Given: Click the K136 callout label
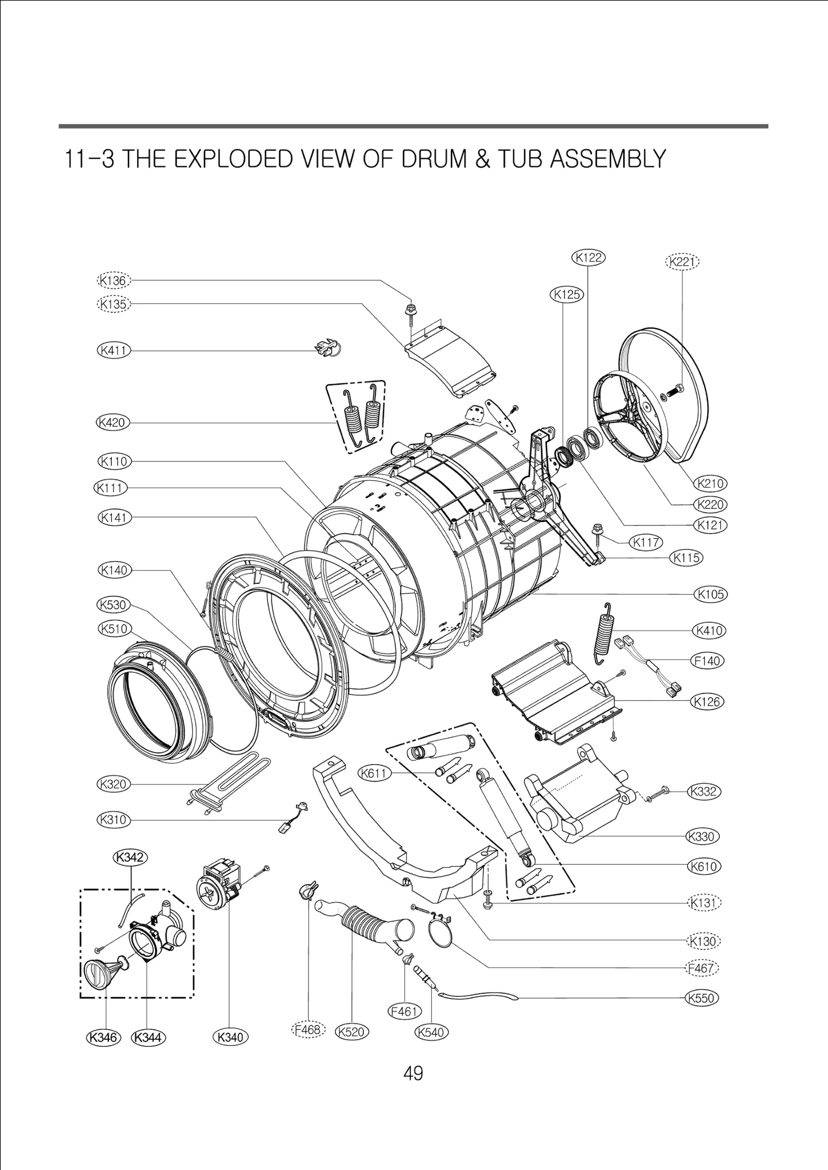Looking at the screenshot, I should tap(113, 281).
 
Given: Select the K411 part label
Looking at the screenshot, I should tap(113, 350).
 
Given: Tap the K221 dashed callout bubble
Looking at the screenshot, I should tap(682, 262).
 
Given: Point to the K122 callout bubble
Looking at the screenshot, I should tap(588, 257).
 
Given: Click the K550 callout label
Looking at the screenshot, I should tap(702, 998).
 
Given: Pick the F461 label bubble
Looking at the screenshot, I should tap(405, 1011).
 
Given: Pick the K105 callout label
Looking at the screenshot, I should tap(711, 594).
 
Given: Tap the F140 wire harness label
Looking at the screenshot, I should tap(707, 661).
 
